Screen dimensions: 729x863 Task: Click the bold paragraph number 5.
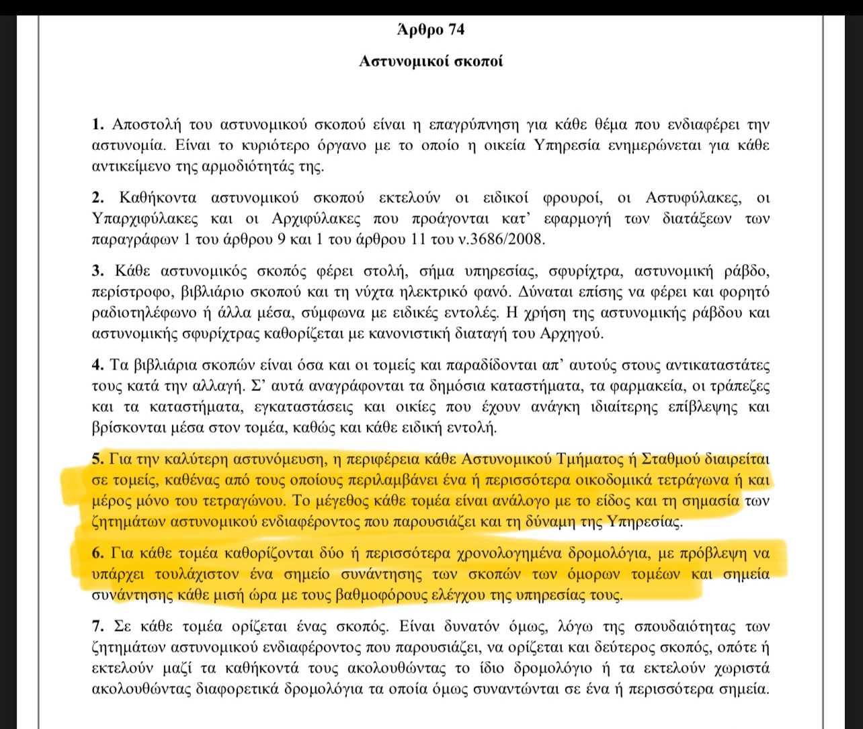pyautogui.click(x=96, y=459)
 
